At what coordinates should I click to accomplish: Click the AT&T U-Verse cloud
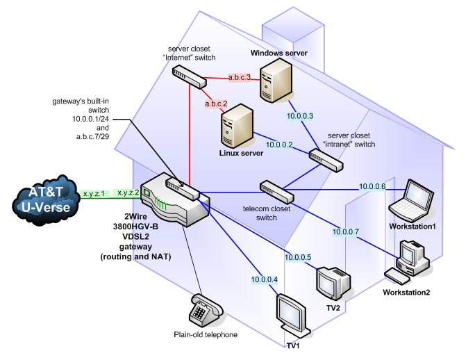[x=45, y=200]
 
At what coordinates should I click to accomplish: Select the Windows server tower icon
[x=276, y=81]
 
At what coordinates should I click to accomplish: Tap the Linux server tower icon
[x=237, y=126]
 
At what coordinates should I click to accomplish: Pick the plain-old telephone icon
[x=206, y=311]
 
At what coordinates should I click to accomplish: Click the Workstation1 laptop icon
[x=411, y=201]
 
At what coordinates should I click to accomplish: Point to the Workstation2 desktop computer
[x=408, y=262]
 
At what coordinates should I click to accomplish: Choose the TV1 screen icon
[x=293, y=316]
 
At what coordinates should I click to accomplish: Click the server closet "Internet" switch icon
[x=190, y=78]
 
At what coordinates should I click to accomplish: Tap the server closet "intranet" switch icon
[x=326, y=161]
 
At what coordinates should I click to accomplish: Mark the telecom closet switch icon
[x=277, y=192]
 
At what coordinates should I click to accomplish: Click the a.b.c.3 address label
[x=240, y=77]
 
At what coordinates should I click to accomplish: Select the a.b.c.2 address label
[x=216, y=104]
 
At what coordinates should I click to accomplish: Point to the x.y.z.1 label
[x=94, y=193]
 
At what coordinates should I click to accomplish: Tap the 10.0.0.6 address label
[x=372, y=186]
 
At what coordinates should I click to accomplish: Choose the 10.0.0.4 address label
[x=264, y=279]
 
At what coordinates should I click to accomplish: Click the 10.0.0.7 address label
[x=346, y=231]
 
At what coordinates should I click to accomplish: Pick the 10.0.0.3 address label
[x=300, y=116]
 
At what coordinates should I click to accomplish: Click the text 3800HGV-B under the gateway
[x=135, y=227]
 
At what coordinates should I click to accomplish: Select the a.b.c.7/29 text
[x=92, y=136]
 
